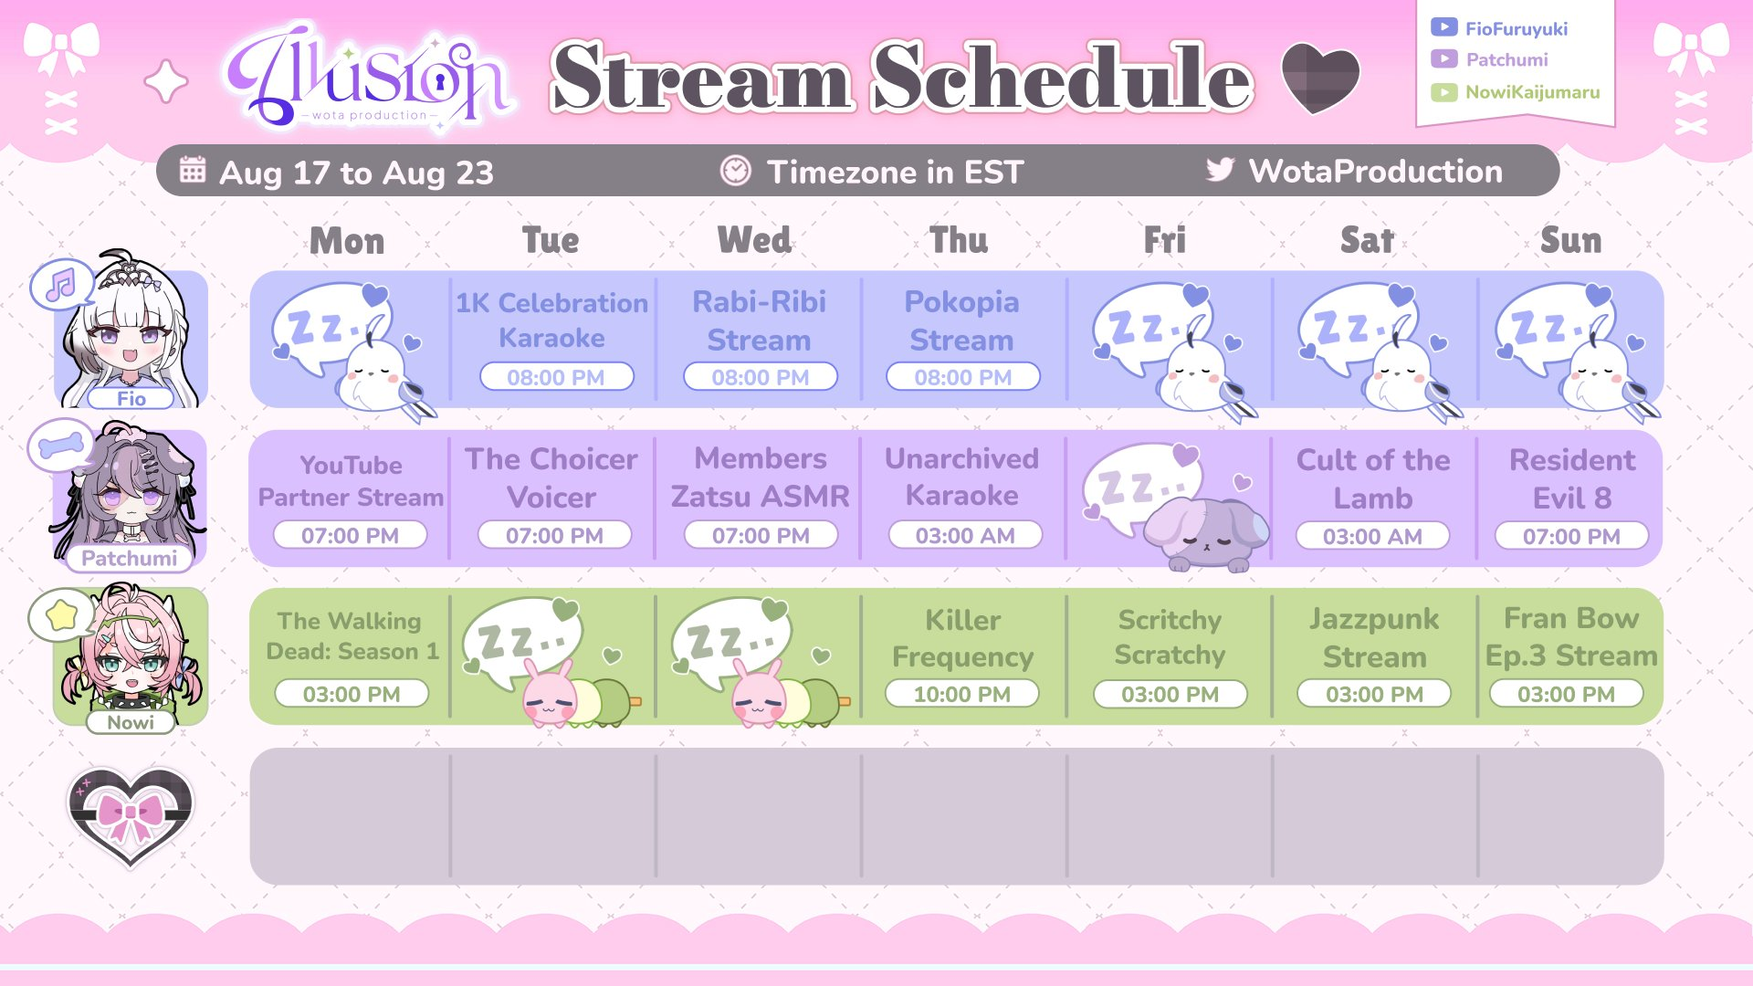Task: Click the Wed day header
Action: coord(754,240)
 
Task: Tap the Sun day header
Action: coord(1570,240)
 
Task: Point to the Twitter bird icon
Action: coord(1220,169)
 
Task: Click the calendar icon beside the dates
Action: coord(193,169)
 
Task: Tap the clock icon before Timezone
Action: coord(735,170)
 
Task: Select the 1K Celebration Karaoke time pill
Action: coord(556,377)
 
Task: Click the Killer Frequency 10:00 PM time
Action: coord(962,694)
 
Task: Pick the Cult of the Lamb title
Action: coord(1373,478)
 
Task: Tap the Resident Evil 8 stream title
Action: coord(1571,478)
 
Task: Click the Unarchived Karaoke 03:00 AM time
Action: coord(965,536)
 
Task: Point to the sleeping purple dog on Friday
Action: coord(1205,534)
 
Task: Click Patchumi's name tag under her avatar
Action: coord(130,558)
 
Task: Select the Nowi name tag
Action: coord(131,722)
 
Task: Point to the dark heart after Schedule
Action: coord(1320,79)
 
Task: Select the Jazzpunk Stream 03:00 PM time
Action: coord(1374,694)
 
